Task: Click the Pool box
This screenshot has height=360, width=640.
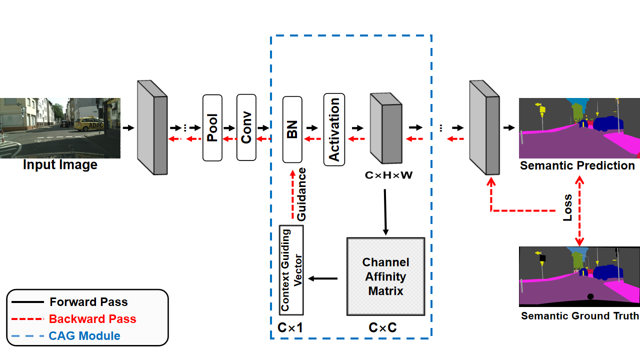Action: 212,128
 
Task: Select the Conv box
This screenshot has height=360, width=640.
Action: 246,128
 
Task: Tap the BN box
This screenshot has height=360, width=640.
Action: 292,129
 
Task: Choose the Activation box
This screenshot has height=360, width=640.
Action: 334,129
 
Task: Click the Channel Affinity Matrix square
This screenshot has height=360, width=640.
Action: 385,276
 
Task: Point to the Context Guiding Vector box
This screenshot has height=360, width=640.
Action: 291,270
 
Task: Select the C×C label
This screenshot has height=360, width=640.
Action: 383,328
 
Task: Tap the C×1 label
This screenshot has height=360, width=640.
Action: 290,328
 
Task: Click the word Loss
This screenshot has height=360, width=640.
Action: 567,208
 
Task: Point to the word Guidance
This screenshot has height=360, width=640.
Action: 301,194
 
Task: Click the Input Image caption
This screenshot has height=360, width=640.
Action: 60,164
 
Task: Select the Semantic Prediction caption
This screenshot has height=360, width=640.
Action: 577,165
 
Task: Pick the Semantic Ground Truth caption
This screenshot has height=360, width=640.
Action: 579,316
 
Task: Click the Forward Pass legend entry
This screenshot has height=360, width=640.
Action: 88,302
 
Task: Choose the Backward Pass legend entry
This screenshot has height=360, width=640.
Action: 92,319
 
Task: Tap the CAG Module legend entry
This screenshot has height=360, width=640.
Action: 84,335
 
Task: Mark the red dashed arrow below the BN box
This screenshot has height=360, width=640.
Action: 292,194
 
